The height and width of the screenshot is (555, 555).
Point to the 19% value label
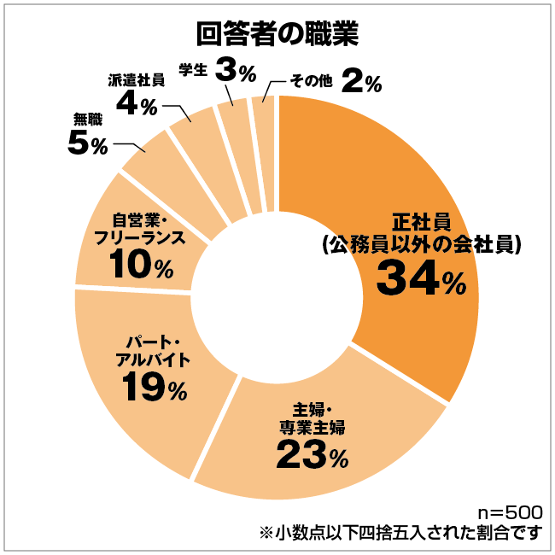coord(154,388)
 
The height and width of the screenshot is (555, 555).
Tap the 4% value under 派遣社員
coord(135,106)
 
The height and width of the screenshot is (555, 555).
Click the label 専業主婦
coord(313,424)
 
